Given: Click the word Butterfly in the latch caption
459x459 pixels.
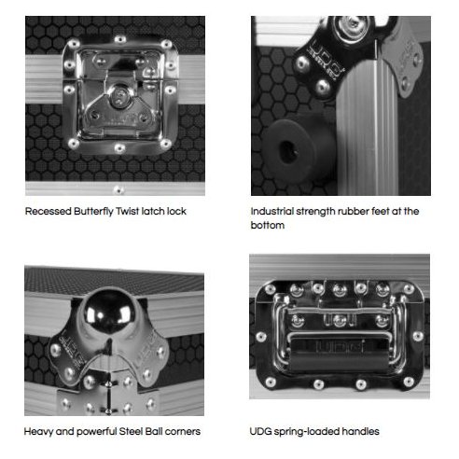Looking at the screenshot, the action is [93, 212].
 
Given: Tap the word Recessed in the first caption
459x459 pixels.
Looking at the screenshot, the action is [49, 212].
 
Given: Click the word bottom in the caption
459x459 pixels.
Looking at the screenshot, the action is [268, 225].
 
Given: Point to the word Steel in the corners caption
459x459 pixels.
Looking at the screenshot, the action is [131, 432].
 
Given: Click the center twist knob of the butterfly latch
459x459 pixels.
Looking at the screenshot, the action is [119, 97].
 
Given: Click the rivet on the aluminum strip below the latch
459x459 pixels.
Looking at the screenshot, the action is [118, 189].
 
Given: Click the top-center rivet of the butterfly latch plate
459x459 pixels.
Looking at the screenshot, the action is [120, 39].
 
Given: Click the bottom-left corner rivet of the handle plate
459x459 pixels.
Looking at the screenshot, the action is [270, 382].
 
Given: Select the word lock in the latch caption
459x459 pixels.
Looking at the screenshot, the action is [176, 212].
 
